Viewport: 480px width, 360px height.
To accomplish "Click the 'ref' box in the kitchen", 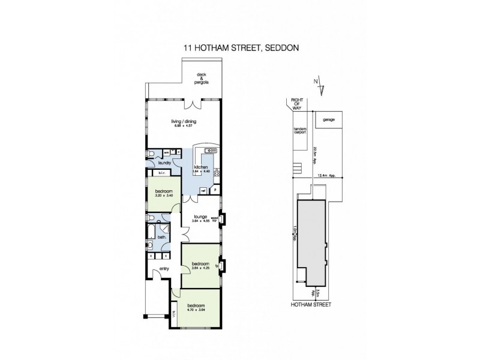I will tap(203, 190).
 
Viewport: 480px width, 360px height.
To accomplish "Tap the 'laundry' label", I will tap(165, 163).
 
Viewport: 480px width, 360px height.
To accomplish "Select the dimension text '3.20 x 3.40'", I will tap(156, 196).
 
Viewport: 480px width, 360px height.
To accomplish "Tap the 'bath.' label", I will tap(161, 237).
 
